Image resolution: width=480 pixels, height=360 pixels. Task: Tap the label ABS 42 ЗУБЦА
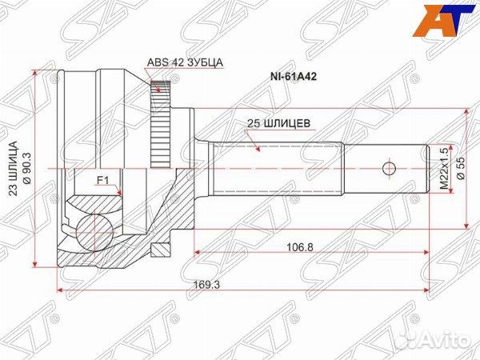(x=185, y=62)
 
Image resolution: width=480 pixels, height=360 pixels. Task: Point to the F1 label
(x=102, y=181)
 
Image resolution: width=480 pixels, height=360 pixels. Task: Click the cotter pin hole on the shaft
(x=390, y=169)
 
